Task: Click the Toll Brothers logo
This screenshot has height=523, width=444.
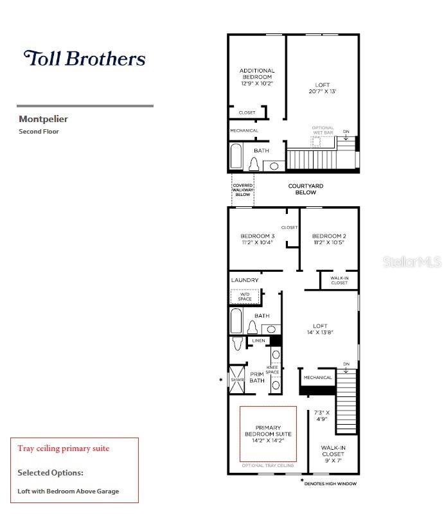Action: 84,58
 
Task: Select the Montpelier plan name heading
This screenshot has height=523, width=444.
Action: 43,119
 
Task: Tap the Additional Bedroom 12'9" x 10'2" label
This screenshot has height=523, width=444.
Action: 257,77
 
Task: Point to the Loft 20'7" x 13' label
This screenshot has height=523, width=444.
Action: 322,88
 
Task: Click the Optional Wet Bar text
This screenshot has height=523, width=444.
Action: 323,130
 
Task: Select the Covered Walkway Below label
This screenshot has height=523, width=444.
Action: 242,190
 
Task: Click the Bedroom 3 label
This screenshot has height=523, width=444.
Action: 257,239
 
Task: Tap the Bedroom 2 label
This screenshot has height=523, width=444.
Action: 329,239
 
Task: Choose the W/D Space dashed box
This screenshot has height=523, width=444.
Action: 245,296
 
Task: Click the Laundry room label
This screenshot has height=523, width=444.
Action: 245,280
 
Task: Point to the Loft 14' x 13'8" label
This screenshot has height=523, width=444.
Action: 320,329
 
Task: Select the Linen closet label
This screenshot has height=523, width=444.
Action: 258,341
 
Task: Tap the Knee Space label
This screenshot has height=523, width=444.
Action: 273,370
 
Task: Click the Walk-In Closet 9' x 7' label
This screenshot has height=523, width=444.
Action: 333,457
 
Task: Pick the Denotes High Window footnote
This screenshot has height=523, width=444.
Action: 329,483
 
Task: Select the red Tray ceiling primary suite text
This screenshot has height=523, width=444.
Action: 64,448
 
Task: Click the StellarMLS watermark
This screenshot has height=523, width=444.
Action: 413,262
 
